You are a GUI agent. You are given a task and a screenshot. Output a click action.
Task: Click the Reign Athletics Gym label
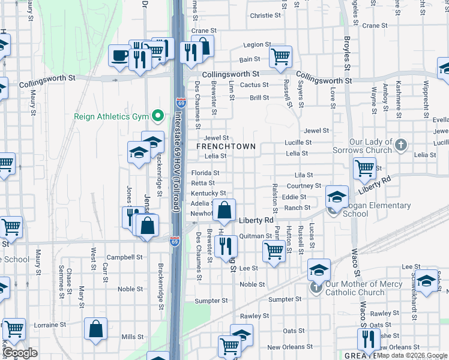pos(111,116)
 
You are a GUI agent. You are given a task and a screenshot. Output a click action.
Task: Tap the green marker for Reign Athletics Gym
pos(158,115)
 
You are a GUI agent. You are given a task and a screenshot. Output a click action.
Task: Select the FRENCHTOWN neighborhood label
pos(227,146)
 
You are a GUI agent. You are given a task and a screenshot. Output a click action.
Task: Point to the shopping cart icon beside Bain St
pos(280,57)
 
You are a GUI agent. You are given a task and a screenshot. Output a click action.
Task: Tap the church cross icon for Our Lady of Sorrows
pos(402,145)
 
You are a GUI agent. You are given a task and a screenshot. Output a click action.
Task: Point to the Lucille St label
pos(298,143)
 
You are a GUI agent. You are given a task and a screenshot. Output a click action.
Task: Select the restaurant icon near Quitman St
pos(226,245)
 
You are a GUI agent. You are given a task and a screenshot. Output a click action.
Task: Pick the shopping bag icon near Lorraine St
pos(95,329)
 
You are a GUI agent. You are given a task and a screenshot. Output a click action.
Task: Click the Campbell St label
pos(124,256)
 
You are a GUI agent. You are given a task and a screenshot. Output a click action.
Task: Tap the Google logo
pos(20,353)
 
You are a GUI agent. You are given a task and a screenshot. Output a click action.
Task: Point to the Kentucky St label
pos(208,193)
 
